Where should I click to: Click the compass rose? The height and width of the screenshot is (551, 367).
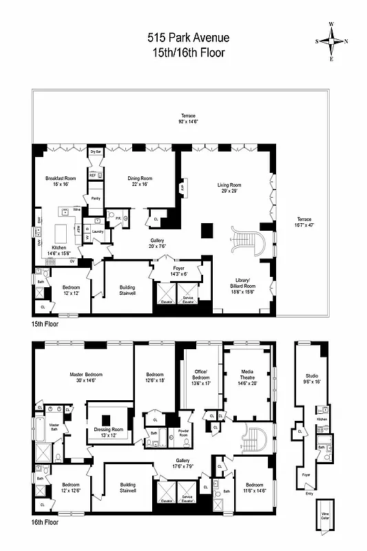[331, 41]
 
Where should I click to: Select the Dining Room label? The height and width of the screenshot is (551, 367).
[140, 178]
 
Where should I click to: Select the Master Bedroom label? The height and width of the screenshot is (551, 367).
[86, 374]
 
